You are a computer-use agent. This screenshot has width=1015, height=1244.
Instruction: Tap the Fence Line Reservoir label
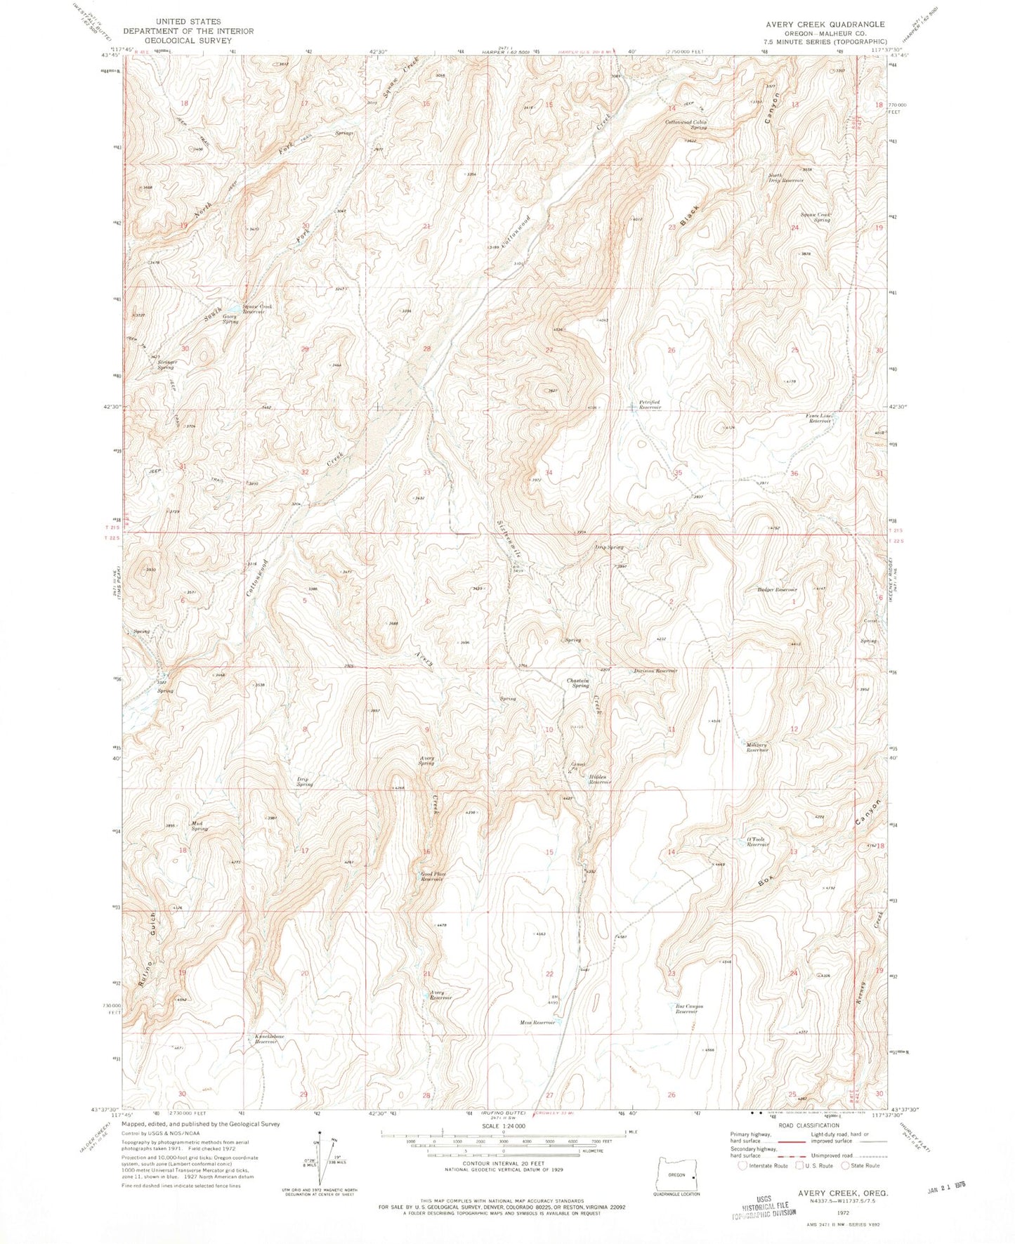(818, 418)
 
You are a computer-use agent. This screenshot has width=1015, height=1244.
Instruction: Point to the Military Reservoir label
(757, 747)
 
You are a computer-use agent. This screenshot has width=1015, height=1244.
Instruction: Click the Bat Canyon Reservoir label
(686, 1009)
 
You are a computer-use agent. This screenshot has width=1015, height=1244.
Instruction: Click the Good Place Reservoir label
(433, 877)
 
